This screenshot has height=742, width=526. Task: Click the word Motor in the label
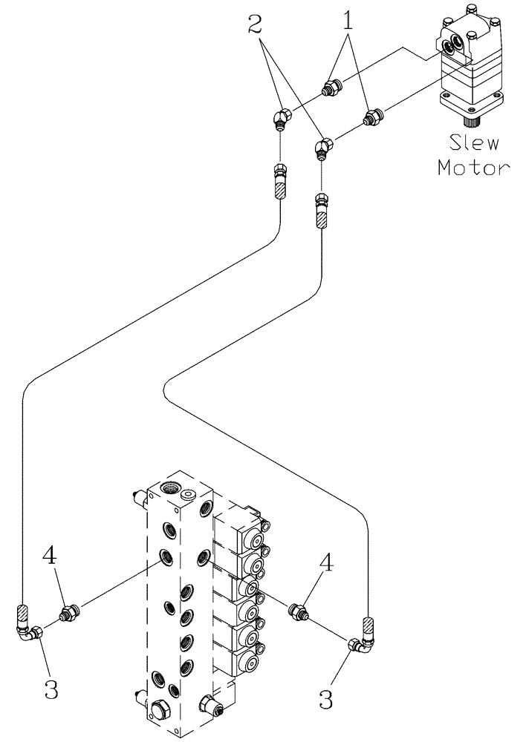[473, 167]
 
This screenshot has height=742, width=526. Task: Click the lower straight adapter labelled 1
[371, 116]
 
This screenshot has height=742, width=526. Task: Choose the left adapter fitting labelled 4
[69, 613]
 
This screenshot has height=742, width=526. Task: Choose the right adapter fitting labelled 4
[298, 612]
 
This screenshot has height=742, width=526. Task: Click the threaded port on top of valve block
[170, 487]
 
